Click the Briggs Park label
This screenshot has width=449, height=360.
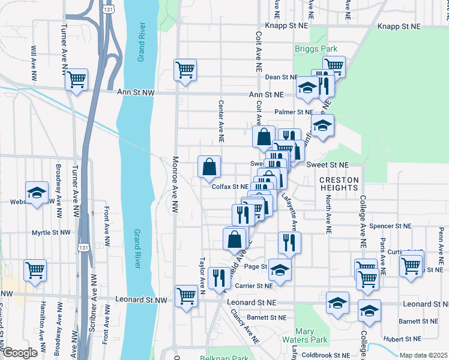(x=316, y=49)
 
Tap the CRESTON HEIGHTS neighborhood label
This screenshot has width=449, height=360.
(x=339, y=184)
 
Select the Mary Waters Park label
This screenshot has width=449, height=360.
(x=312, y=335)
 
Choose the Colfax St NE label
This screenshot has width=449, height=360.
(x=230, y=187)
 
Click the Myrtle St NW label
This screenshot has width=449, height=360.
(x=51, y=232)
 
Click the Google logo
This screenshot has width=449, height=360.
(x=20, y=353)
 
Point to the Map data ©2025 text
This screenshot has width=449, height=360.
(x=423, y=355)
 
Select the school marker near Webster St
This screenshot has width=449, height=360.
(x=37, y=192)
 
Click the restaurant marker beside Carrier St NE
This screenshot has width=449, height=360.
(x=219, y=277)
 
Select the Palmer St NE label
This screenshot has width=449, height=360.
(x=294, y=112)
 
